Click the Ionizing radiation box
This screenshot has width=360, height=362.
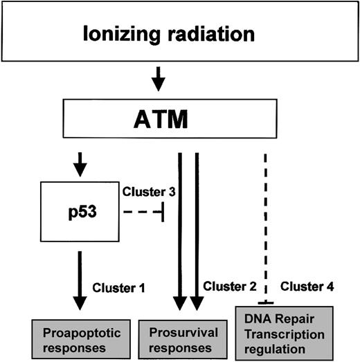(180, 33)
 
